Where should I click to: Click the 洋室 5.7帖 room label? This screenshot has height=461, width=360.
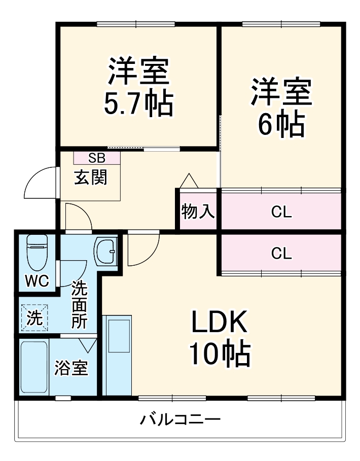(138, 87)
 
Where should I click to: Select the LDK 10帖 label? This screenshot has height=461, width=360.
(219, 338)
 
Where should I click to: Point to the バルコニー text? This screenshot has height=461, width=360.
(181, 420)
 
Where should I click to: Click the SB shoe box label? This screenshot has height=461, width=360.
(97, 157)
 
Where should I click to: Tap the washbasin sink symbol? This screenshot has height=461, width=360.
(106, 251)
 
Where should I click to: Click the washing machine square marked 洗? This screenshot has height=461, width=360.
(34, 318)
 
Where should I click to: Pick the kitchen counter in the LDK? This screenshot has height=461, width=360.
(117, 355)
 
